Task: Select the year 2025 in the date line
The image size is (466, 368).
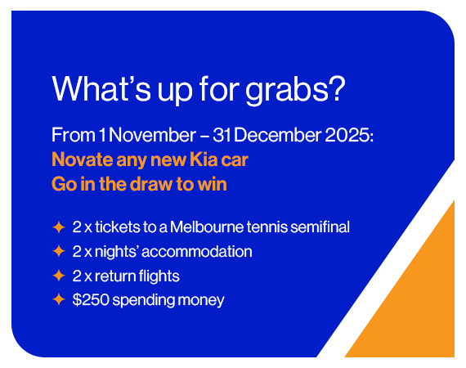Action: (x=351, y=135)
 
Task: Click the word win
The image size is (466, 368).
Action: (x=212, y=184)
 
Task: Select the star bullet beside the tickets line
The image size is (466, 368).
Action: (x=58, y=227)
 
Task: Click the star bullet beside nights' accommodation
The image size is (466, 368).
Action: (x=58, y=251)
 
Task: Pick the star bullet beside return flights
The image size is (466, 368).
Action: (x=58, y=276)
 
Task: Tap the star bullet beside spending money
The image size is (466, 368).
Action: (x=58, y=300)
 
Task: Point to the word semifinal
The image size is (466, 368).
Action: (x=320, y=227)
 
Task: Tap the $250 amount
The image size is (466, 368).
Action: (x=89, y=300)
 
